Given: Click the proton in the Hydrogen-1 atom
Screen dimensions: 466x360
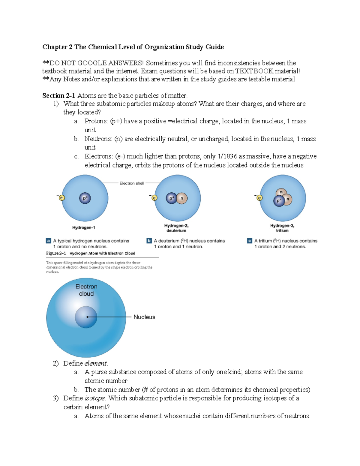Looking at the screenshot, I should tap(85, 198).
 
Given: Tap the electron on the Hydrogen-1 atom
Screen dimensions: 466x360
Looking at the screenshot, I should tap(62, 198).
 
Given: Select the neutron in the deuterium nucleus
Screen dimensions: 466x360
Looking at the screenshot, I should tap(182, 198).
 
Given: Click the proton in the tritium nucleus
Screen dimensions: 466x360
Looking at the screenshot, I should tap(279, 201).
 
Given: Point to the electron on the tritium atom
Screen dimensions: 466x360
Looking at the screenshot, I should tap(259, 198).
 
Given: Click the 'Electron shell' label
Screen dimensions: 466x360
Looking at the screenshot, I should tap(132, 183).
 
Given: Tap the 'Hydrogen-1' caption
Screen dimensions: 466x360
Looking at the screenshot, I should tap(84, 227).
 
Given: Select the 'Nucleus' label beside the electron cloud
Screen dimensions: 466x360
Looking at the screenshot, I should tap(144, 317).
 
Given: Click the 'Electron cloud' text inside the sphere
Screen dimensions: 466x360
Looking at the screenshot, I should tap(86, 290).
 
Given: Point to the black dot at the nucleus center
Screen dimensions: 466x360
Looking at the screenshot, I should tap(87, 317).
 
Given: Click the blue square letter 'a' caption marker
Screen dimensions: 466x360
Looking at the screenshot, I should tap(48, 241).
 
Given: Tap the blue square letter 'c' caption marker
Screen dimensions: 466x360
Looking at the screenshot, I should tap(249, 241).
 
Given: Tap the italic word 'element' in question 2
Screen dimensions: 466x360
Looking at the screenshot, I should tap(95, 363).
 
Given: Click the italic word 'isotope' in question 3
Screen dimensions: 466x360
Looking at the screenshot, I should tap(95, 398).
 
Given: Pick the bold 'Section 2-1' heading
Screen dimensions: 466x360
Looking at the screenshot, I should tap(58, 96).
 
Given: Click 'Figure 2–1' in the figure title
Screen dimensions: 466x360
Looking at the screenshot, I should tap(56, 253).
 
